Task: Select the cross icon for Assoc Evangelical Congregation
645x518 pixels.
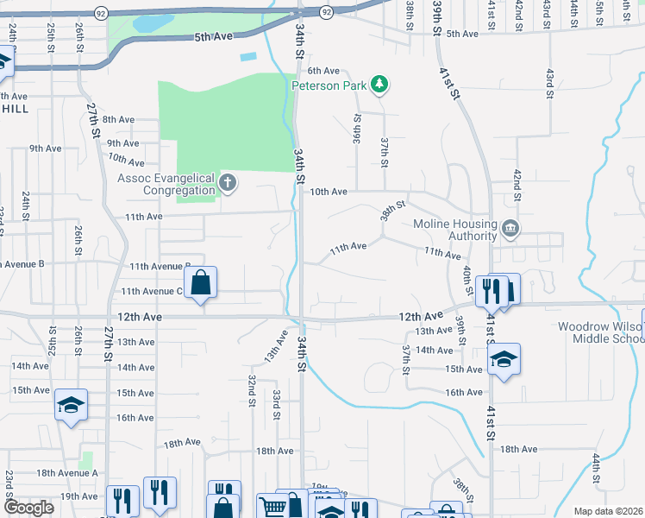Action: point(227,182)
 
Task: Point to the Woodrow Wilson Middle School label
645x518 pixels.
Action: point(600,332)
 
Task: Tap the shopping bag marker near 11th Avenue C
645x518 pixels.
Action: point(200,282)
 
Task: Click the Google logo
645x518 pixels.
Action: point(28,508)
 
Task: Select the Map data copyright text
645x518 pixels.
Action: point(609,511)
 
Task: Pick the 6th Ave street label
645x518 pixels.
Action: point(324,71)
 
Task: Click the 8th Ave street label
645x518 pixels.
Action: point(118,119)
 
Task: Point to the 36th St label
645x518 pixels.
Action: point(355,129)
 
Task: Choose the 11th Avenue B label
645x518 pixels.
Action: point(160,267)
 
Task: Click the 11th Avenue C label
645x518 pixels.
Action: point(152,292)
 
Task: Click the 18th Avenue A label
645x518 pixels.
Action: point(67,473)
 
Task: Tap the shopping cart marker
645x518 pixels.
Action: point(272,507)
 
